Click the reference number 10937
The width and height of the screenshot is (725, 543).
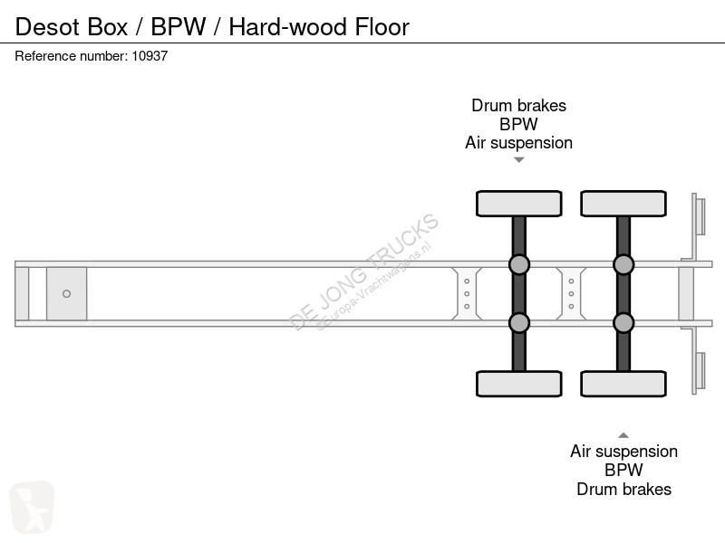point(150,56)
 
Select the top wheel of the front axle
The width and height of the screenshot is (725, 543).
point(519,204)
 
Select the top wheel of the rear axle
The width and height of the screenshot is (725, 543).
point(623,204)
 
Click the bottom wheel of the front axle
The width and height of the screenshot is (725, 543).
point(519,384)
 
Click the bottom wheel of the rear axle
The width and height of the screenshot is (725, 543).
point(623,384)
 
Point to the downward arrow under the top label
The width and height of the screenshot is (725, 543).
point(519,160)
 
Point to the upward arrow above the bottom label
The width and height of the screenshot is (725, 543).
point(623,434)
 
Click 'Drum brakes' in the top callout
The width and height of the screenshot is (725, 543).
point(518,105)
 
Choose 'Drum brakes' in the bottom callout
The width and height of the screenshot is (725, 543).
point(623,490)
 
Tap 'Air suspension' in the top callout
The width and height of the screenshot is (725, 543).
point(518,143)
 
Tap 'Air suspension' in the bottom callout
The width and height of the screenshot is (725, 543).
point(623,452)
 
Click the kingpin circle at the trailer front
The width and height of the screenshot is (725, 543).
point(67,293)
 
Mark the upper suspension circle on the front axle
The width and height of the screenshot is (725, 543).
point(519,264)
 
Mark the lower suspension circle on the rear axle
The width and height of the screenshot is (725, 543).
point(623,323)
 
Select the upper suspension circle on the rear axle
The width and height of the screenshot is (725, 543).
point(623,264)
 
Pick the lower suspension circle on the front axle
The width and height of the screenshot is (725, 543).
point(519,323)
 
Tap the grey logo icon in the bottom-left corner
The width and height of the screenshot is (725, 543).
point(32,506)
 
